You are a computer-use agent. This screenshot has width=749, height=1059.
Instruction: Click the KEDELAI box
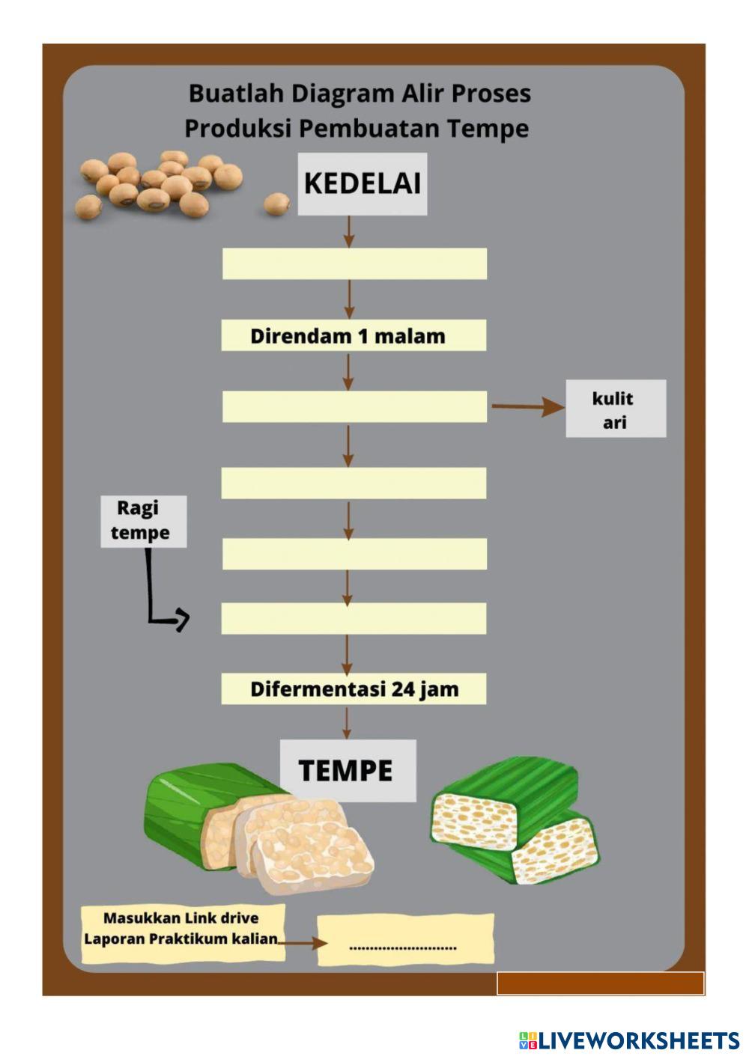[363, 184]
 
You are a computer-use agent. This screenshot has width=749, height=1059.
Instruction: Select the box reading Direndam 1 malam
[354, 335]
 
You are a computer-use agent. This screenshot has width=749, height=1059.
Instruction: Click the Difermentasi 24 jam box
[354, 689]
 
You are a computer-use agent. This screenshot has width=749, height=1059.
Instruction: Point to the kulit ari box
[616, 409]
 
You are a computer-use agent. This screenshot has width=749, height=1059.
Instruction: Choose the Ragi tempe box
[143, 522]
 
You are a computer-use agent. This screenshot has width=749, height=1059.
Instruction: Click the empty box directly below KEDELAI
[355, 263]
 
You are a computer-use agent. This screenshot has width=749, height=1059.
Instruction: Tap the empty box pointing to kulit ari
[355, 406]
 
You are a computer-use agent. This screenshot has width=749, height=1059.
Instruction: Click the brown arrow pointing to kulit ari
[528, 406]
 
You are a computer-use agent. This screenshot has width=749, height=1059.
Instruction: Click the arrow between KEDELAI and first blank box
[349, 232]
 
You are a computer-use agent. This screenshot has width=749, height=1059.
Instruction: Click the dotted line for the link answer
[403, 947]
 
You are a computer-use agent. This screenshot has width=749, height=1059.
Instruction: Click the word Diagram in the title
[342, 94]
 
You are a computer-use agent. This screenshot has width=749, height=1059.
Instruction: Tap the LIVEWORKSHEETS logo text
[629, 1040]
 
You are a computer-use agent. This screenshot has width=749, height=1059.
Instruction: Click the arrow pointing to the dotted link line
[303, 944]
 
